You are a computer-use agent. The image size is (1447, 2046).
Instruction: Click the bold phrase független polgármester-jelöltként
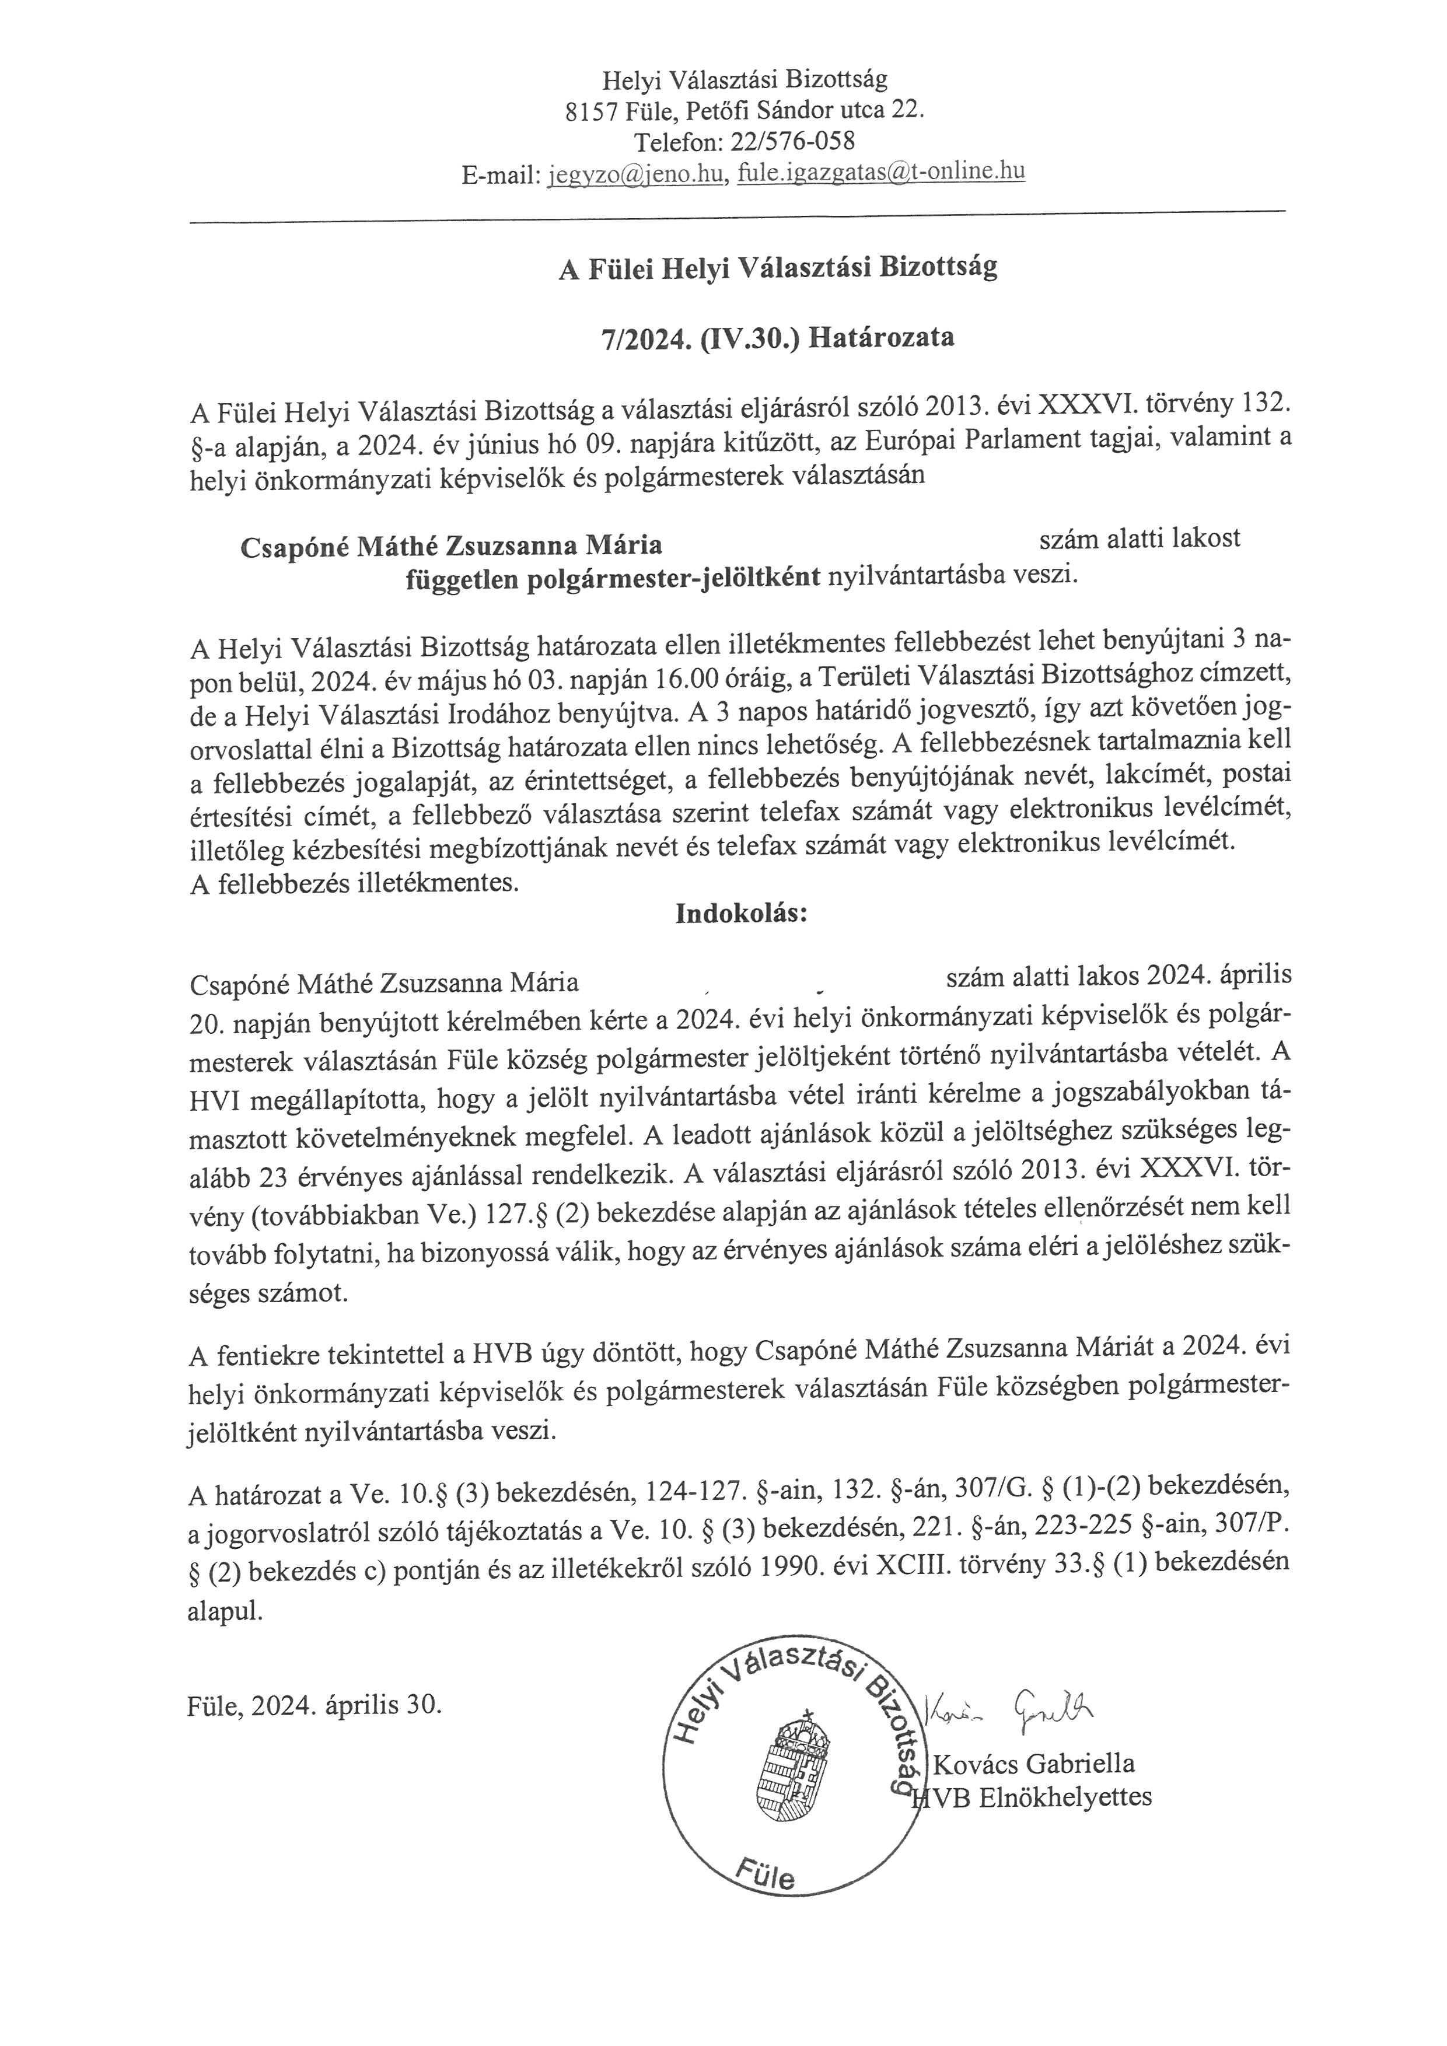click(613, 578)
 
